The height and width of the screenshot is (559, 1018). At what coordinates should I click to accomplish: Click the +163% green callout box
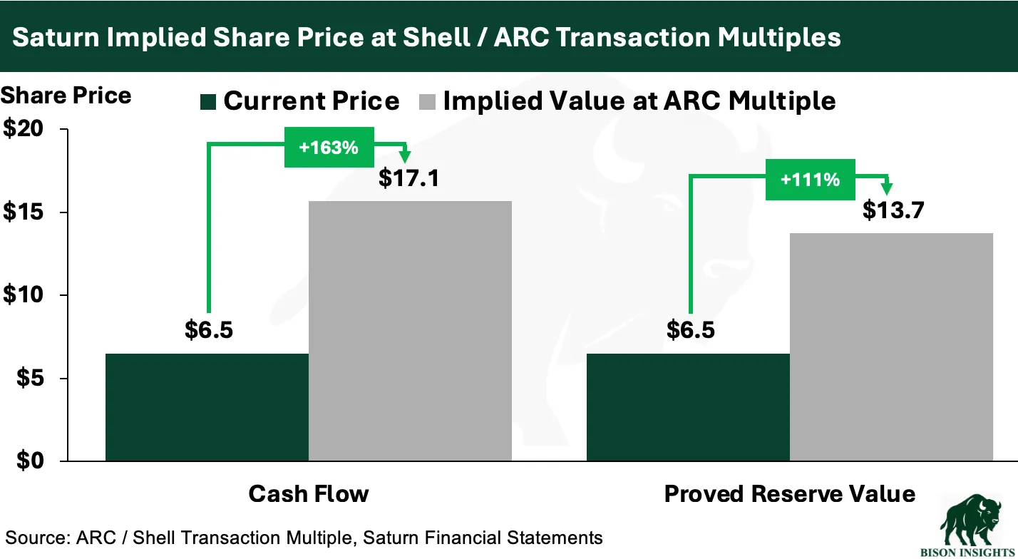tap(329, 148)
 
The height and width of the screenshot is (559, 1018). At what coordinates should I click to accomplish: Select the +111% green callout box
tap(811, 180)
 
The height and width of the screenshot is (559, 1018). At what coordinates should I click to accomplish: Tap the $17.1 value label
tap(408, 178)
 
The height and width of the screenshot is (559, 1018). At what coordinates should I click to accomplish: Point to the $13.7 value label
tap(893, 210)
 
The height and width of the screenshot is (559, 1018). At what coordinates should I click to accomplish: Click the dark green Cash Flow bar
tap(207, 407)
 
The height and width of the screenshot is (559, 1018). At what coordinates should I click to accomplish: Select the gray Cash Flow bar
tap(411, 331)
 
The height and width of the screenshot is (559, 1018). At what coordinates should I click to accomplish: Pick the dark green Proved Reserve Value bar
tap(688, 407)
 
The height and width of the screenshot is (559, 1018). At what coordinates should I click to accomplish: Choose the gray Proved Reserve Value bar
tap(891, 347)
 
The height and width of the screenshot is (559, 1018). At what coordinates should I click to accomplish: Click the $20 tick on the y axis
tap(24, 128)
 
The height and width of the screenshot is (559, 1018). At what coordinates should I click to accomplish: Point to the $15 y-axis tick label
tap(24, 212)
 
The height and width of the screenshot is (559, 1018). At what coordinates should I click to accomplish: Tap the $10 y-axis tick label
tap(24, 294)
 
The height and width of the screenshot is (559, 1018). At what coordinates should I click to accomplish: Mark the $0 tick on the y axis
tap(30, 461)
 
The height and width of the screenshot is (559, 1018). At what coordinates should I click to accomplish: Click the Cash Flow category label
tap(309, 494)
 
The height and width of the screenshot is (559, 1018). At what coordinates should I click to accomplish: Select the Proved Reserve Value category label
tap(790, 494)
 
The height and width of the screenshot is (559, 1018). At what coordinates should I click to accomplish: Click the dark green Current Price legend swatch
tap(208, 102)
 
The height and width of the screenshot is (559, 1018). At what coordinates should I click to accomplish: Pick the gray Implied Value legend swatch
tap(427, 102)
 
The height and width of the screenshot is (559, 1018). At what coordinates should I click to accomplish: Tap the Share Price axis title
tap(66, 96)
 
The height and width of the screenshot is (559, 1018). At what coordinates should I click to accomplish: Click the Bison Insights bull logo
tap(970, 525)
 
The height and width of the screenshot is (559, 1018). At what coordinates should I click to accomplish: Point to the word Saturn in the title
tap(56, 37)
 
